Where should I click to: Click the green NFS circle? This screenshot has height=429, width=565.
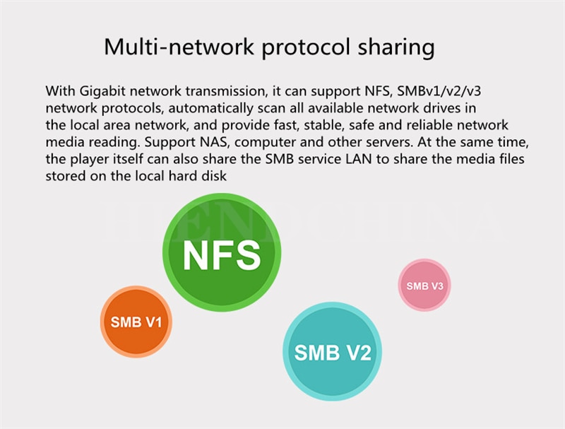point(222,252)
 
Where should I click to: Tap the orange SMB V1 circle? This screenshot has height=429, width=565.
point(136,322)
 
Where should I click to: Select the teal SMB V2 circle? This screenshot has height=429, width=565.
point(332,351)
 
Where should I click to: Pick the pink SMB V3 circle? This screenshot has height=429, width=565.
point(424,285)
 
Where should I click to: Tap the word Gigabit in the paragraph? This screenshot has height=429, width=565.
point(102,91)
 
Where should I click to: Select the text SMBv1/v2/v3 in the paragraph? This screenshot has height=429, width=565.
point(439,91)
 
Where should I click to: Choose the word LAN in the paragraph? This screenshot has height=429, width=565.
point(359,159)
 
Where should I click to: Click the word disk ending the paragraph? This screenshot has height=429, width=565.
point(215,176)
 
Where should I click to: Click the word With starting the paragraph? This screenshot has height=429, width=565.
point(60,91)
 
